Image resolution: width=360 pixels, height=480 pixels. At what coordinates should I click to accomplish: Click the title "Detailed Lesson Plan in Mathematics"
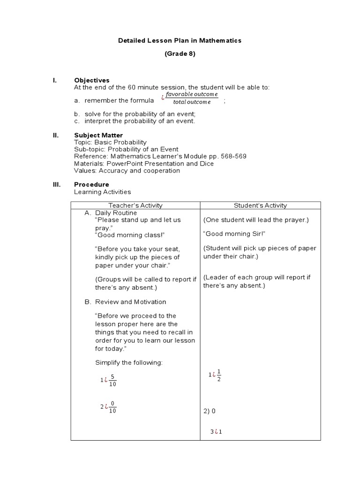click(x=180, y=41)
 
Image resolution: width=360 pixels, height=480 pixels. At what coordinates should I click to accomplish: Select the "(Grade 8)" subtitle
click(x=180, y=54)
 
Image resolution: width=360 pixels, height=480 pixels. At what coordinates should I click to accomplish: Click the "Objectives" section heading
click(x=92, y=80)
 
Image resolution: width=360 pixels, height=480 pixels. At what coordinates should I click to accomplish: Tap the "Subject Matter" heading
click(x=98, y=135)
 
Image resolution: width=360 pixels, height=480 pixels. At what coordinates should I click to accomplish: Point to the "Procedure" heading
click(x=91, y=185)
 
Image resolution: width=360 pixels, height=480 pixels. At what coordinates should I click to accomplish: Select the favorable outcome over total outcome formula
click(x=192, y=98)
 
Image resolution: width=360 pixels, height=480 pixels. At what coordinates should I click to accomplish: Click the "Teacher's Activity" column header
click(x=135, y=205)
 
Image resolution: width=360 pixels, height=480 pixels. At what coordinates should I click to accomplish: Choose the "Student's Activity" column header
click(x=260, y=205)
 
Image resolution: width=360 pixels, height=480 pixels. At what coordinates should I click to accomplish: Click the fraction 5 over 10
click(x=112, y=380)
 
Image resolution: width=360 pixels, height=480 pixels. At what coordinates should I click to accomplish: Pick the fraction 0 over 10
click(x=112, y=407)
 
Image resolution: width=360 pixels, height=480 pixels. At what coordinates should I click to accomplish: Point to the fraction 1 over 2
click(x=218, y=375)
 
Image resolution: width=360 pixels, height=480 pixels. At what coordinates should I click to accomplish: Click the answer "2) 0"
click(x=209, y=411)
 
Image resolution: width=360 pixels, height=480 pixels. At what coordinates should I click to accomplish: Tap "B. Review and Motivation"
click(x=125, y=302)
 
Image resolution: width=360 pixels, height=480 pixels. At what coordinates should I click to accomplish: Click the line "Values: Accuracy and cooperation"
click(x=127, y=171)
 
